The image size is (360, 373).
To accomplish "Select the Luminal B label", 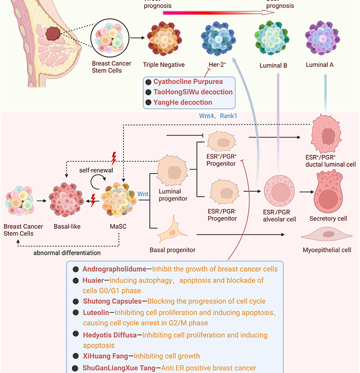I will pos(273,65).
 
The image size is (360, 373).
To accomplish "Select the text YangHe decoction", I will pos(182,102).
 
